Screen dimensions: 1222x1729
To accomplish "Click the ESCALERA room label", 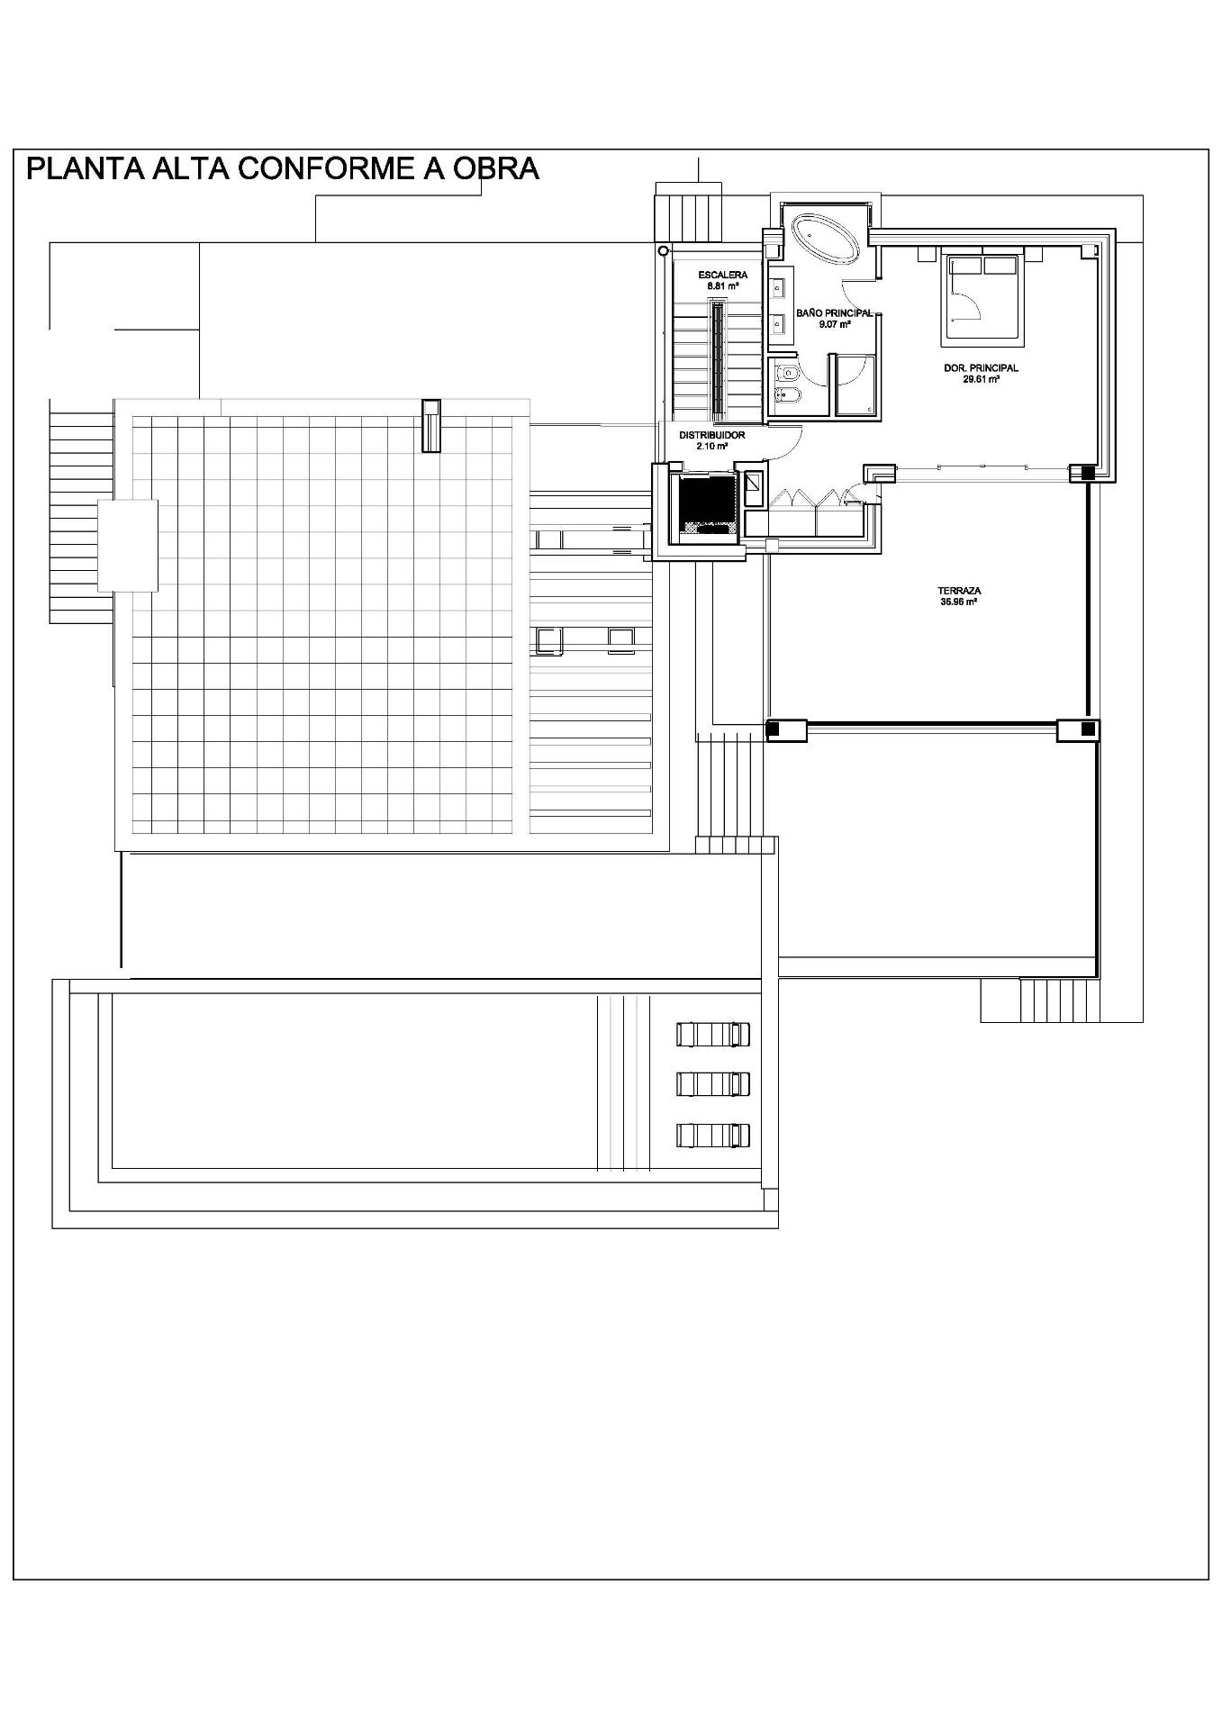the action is coord(722,275).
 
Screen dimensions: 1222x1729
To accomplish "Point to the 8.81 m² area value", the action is coord(722,285).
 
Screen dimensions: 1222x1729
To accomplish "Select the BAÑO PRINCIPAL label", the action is coord(834,313).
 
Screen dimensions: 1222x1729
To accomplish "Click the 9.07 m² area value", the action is coord(834,324).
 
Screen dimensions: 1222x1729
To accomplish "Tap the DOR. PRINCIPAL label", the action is coord(981,368).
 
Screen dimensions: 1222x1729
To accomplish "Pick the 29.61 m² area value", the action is coord(981,379).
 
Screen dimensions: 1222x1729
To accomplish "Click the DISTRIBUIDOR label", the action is coord(711,435).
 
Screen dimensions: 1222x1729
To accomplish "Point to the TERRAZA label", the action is coord(958,592).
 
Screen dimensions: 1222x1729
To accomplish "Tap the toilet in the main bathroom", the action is coord(784,371).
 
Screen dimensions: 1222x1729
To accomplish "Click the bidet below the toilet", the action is coord(784,395).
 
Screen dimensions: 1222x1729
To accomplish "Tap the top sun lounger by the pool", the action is coord(713,1034).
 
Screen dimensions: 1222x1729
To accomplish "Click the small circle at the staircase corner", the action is coord(664,250).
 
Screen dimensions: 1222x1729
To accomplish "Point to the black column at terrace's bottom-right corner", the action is coord(1088,728).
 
